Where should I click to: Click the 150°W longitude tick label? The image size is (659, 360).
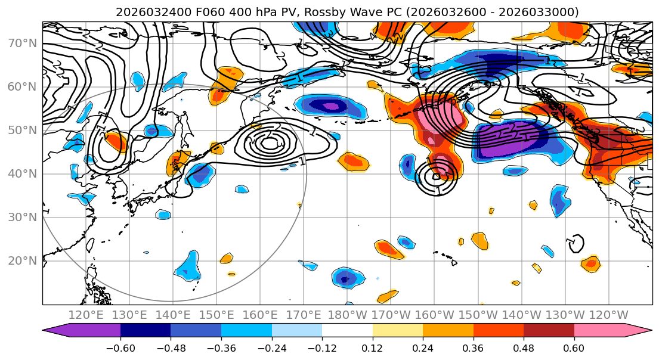[x=478, y=315]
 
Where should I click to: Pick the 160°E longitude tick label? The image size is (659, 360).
[x=260, y=315]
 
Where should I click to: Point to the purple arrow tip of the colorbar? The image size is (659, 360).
[x=51, y=331]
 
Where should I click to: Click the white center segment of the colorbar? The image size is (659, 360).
[x=347, y=331]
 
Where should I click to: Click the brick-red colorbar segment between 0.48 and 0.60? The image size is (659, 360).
[x=549, y=331]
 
